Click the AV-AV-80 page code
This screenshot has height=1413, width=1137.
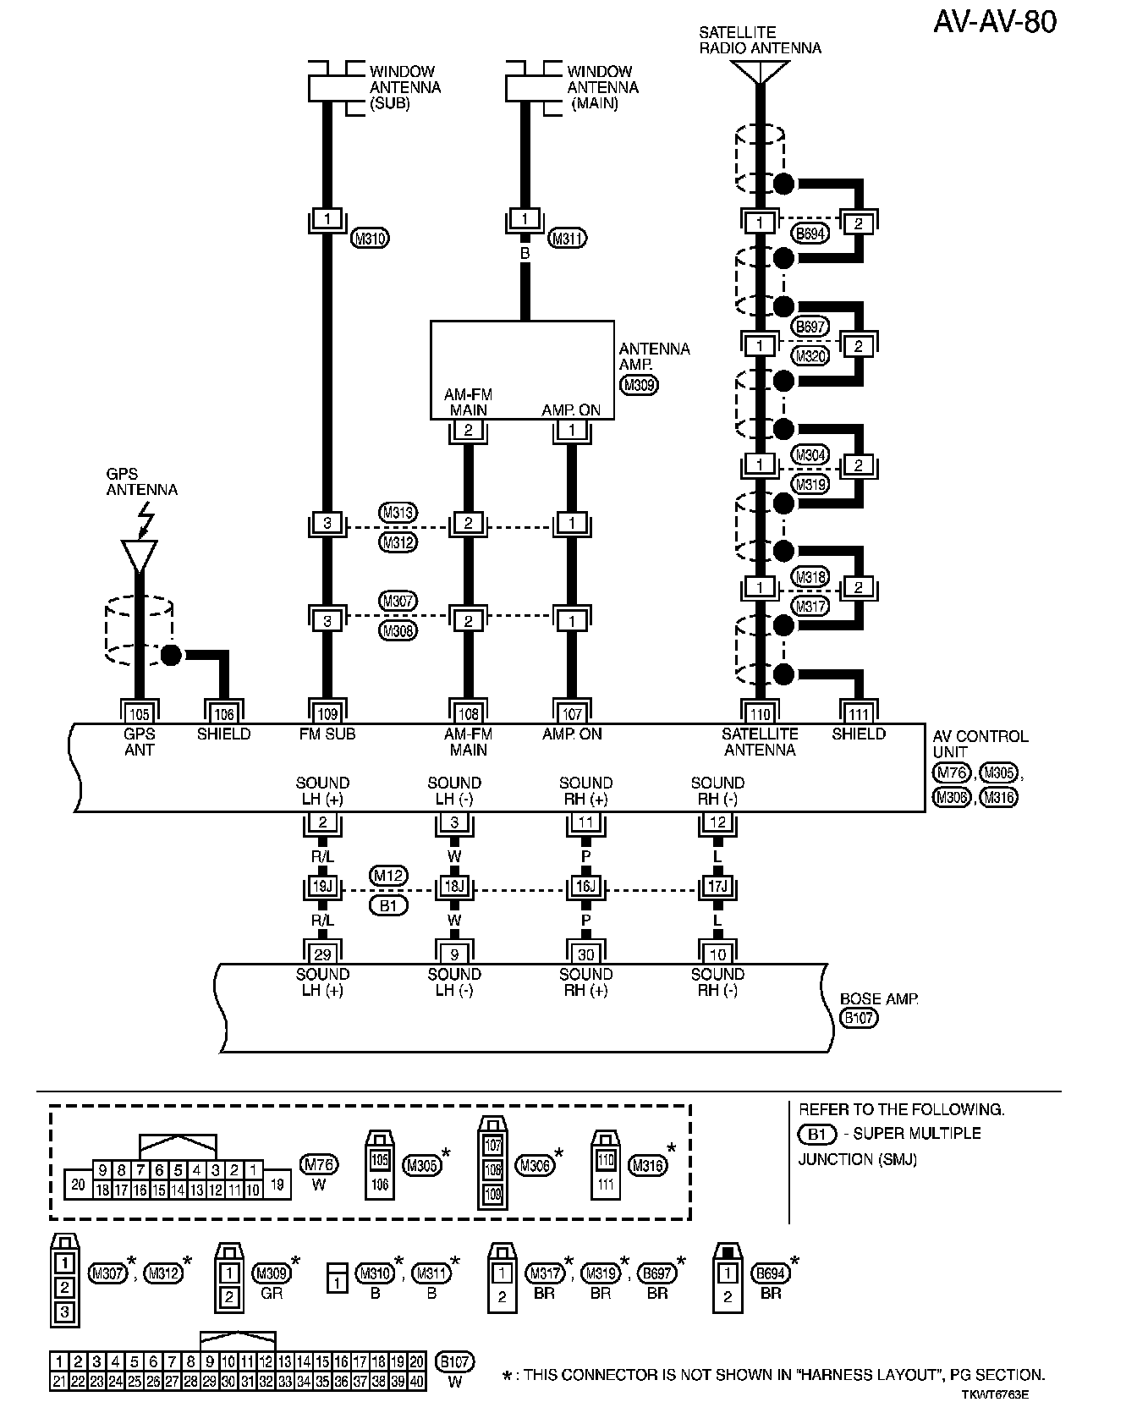pos(995,23)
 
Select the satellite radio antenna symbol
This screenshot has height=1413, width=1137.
pos(760,72)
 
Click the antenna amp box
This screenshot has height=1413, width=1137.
pos(522,369)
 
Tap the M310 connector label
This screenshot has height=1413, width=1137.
pos(369,239)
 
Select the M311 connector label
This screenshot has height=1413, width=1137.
pos(567,239)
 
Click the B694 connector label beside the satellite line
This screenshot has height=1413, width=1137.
pos(810,234)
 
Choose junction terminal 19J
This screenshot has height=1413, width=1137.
pos(322,888)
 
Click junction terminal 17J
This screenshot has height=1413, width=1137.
pos(717,888)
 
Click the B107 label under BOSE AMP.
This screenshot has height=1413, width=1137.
pos(859,1018)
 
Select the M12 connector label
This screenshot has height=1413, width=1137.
pos(388,875)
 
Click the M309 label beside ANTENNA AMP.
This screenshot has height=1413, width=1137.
pos(639,386)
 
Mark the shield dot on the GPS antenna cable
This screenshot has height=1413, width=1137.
pos(171,655)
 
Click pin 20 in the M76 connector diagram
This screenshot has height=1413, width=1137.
pos(78,1185)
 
